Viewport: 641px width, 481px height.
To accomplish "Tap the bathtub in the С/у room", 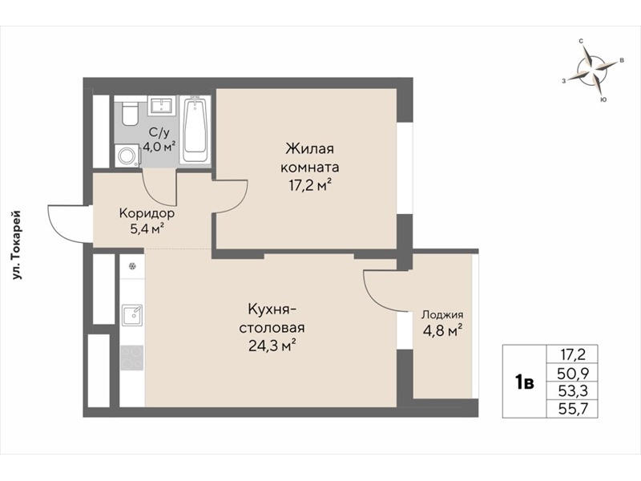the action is [195, 129].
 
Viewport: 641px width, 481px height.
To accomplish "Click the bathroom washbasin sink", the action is [162, 106].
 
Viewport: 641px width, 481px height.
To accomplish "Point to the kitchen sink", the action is [132, 315].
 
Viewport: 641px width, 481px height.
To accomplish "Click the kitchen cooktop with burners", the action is [132, 358].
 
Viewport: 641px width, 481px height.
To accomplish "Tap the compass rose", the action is [591, 70].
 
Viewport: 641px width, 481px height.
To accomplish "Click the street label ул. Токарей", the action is [17, 245].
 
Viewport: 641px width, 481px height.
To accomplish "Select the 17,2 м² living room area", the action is [309, 187].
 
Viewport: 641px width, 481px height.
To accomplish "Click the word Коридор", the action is [147, 213].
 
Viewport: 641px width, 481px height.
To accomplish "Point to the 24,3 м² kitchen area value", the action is [272, 346].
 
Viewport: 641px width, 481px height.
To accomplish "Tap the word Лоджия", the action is [442, 315].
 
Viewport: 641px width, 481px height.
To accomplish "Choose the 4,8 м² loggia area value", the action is [443, 330].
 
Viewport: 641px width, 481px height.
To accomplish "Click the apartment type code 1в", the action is [525, 383].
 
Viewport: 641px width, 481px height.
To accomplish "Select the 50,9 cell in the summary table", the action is [573, 373].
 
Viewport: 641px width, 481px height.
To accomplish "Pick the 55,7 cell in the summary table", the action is [573, 408].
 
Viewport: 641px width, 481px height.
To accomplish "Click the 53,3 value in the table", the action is [573, 390].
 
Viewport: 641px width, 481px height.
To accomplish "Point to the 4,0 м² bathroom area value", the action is [159, 147].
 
